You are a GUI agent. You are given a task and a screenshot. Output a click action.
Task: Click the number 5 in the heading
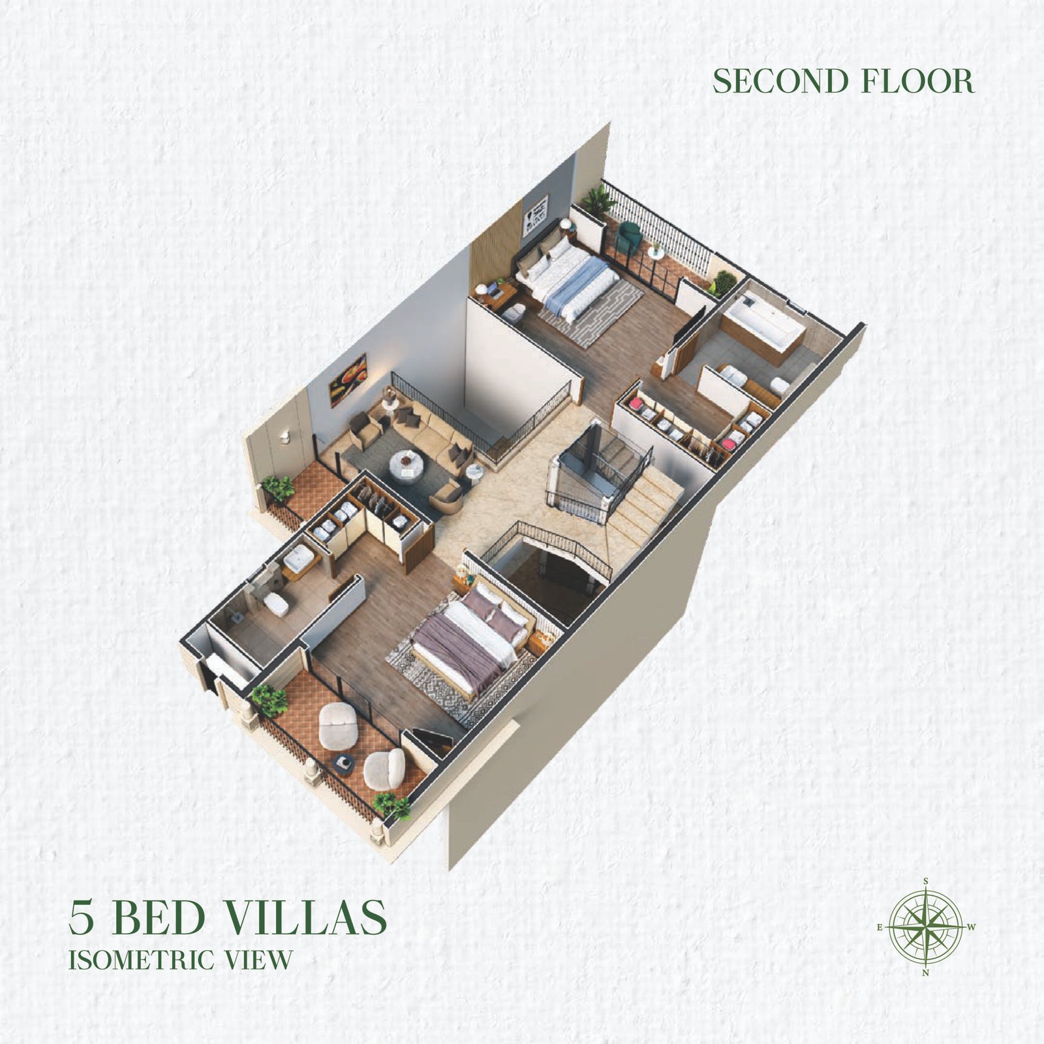coord(82,917)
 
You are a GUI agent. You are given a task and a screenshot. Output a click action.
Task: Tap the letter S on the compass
coord(926,881)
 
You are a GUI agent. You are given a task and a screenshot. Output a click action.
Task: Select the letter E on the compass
coord(880,927)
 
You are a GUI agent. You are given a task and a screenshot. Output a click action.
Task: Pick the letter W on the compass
coord(972,927)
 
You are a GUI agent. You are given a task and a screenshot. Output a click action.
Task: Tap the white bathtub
coord(763,324)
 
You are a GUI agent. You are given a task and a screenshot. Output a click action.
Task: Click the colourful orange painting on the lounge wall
coord(348,380)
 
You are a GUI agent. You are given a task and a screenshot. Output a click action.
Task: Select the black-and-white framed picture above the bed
coord(535,215)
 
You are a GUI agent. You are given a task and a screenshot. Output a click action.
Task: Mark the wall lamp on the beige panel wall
coord(286,437)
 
